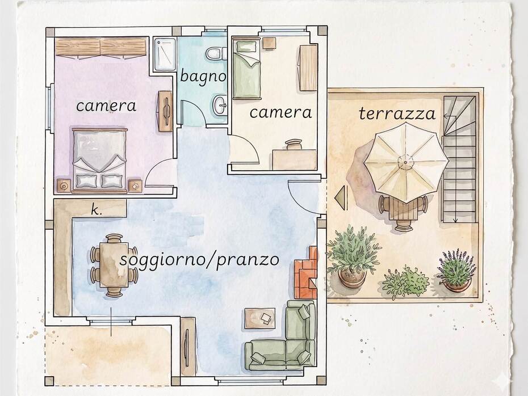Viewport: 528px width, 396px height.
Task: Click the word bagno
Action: coord(203,77)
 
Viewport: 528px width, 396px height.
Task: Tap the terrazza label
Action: coord(397,113)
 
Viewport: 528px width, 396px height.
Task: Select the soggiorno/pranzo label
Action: coord(199,260)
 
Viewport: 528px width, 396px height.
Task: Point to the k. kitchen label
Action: coord(96,210)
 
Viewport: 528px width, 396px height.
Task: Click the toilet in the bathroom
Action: coord(216,53)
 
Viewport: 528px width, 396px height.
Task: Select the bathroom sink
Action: coord(220,104)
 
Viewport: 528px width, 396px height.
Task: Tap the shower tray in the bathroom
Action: coord(165,54)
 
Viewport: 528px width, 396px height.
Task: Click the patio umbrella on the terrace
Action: coord(406,162)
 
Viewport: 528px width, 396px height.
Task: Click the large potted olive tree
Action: coord(353,256)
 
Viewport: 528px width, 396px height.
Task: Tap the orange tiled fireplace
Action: coord(306,272)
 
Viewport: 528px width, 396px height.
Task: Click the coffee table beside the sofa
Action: coord(259,318)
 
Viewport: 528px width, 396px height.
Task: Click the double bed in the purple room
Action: coord(100,160)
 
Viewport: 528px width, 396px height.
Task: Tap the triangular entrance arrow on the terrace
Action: coord(341,199)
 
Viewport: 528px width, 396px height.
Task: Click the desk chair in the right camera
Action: coord(294,144)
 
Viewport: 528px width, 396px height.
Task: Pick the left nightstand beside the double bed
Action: coord(64,186)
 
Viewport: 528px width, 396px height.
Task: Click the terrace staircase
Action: coord(459,159)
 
